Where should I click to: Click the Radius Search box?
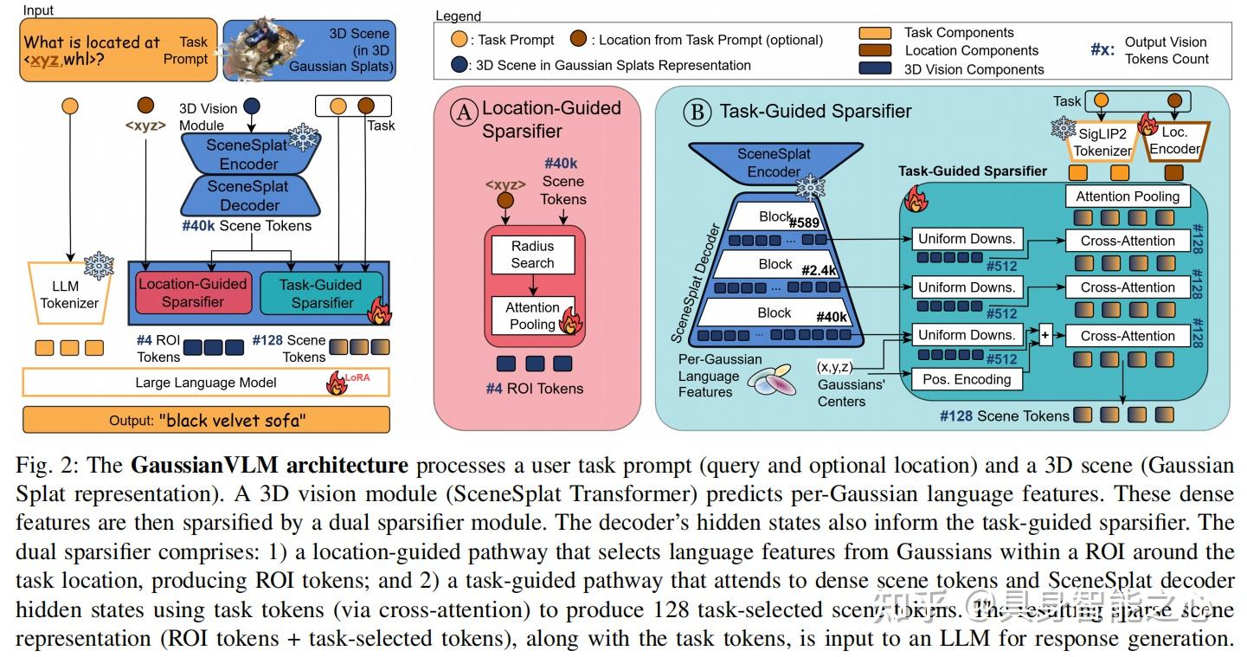click(532, 254)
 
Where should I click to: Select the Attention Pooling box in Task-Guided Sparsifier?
click(1128, 196)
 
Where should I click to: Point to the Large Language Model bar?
click(206, 382)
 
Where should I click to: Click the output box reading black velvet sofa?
click(206, 421)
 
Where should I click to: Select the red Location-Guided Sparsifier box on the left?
click(192, 293)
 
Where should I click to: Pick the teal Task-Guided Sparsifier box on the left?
click(322, 293)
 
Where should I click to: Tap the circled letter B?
click(693, 112)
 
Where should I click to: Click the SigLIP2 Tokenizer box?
click(1102, 141)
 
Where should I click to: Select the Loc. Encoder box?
click(1174, 141)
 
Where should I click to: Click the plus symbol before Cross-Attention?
click(1045, 336)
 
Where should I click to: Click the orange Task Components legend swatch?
click(875, 33)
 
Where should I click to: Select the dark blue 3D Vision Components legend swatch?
click(875, 69)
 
